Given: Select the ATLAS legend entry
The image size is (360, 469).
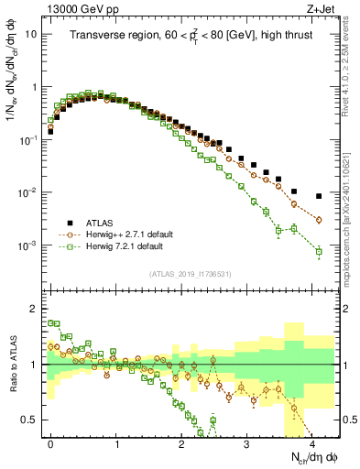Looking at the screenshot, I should click(x=98, y=222).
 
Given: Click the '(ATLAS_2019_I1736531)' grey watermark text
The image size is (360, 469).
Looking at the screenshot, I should click(x=191, y=274).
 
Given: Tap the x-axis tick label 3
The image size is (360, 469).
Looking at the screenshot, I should click(x=246, y=442).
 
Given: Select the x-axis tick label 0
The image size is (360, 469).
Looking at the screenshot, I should click(x=50, y=442).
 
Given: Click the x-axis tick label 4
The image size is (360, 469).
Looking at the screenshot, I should click(x=311, y=442).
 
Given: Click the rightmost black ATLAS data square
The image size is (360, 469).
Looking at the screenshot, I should click(x=319, y=196).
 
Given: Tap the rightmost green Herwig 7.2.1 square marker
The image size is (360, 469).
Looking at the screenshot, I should click(x=319, y=251).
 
